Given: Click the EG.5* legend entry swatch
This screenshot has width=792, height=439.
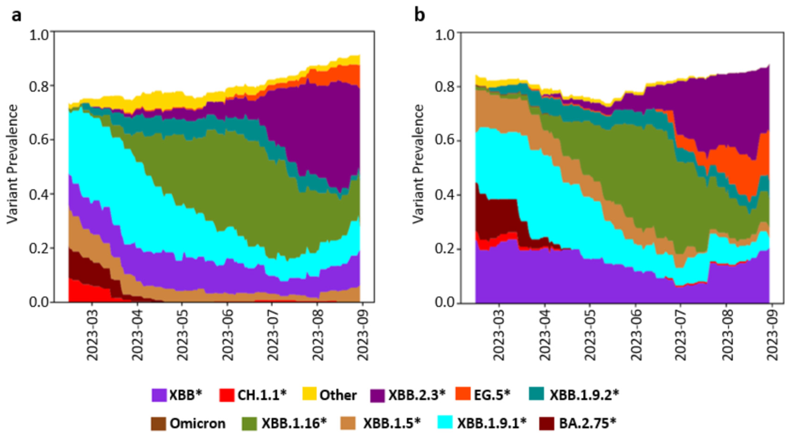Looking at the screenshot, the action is (463, 394).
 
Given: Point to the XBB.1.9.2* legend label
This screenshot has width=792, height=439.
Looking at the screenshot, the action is (584, 395).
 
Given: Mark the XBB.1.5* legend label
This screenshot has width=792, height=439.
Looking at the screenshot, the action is (392, 424).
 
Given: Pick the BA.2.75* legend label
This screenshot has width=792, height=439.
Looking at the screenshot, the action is (587, 424).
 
